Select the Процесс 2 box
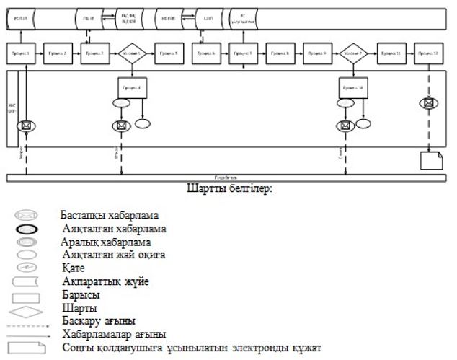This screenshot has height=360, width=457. [x=57, y=53]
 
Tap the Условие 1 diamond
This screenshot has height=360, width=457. [x=131, y=53]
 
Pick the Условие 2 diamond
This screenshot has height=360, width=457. [x=354, y=53]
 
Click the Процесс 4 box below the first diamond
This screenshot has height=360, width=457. [x=131, y=87]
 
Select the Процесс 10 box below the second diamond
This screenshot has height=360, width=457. [x=354, y=87]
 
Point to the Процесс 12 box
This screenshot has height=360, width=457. [x=428, y=53]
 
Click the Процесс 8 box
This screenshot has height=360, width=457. [x=280, y=53]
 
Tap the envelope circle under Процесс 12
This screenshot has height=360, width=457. [x=428, y=102]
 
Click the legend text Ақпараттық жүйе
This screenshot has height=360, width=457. [x=106, y=281]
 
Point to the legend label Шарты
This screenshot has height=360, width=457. [x=77, y=308]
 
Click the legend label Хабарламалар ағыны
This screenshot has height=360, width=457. [x=114, y=334]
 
